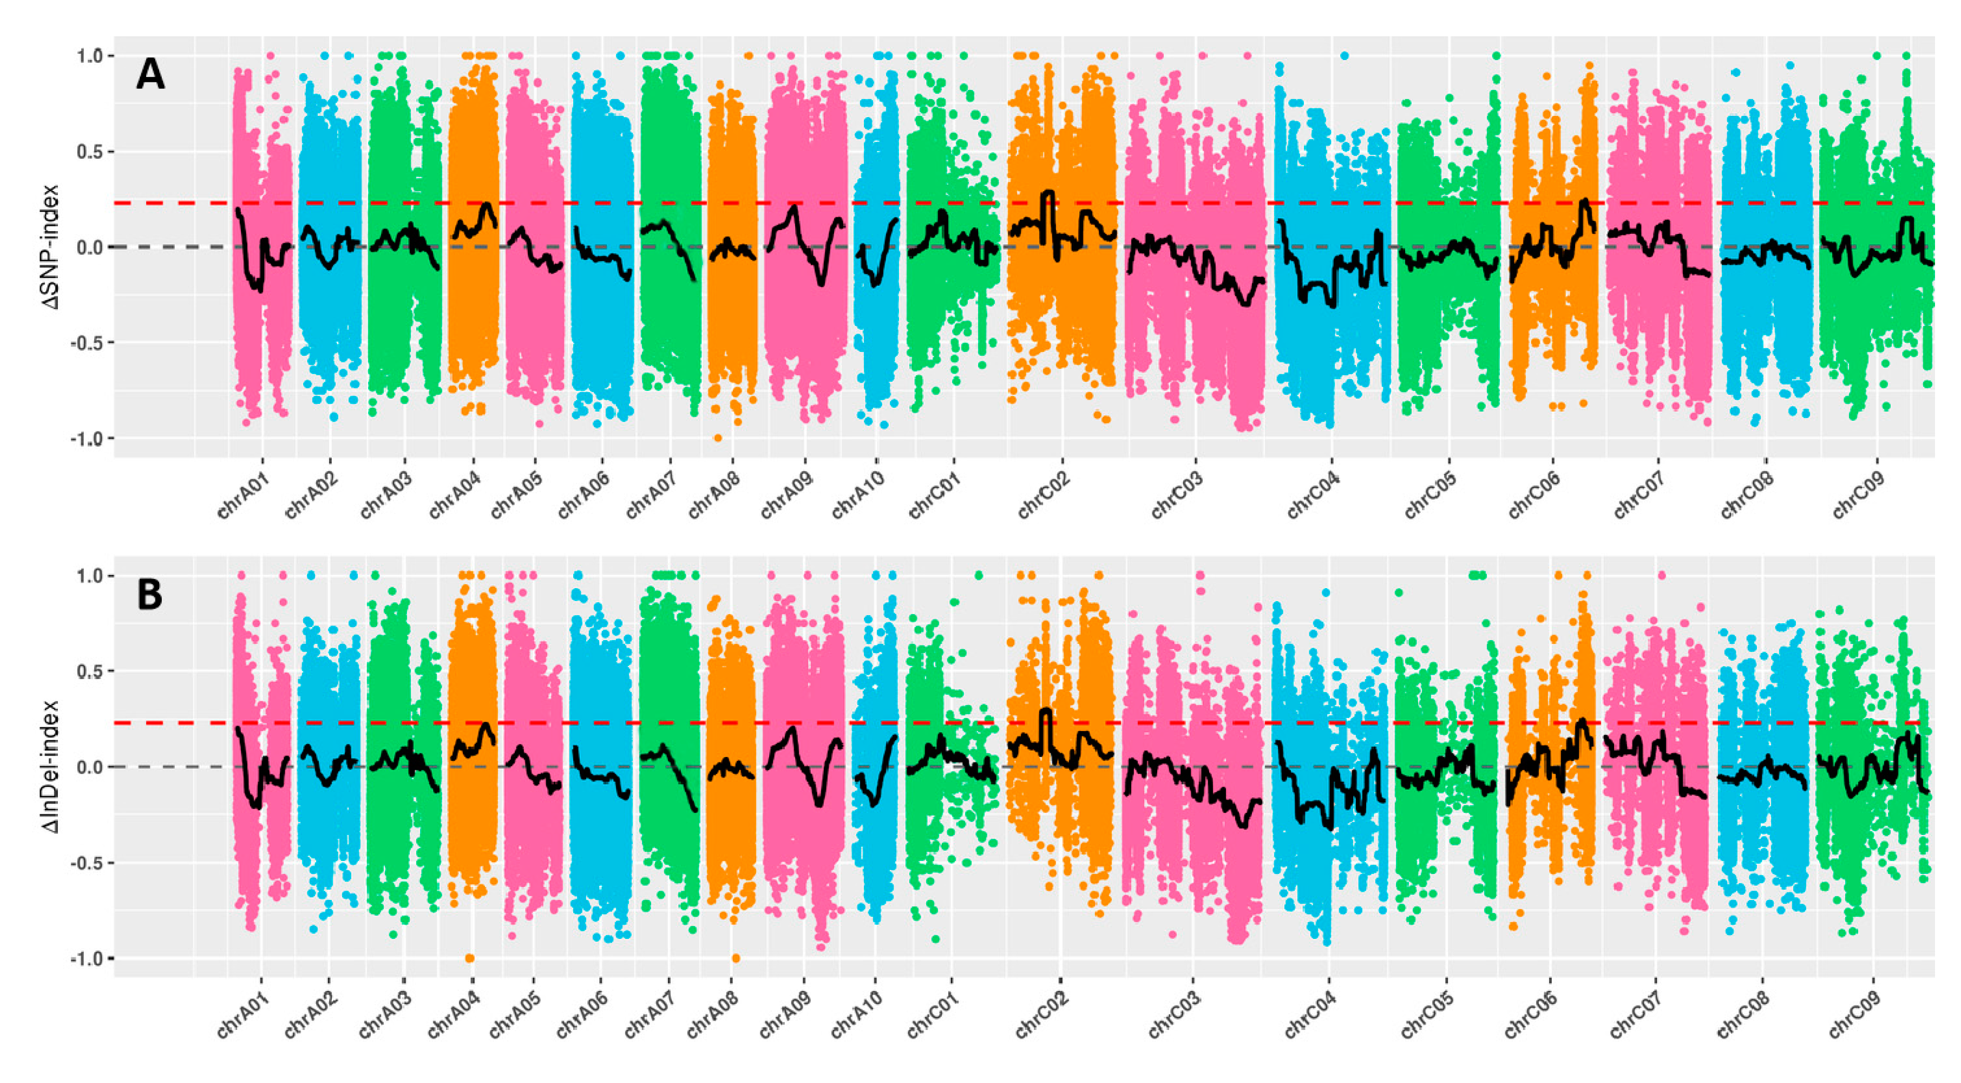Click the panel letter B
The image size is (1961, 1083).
(149, 595)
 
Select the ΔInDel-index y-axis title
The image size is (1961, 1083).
(53, 766)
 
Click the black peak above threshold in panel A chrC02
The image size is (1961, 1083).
(1048, 193)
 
